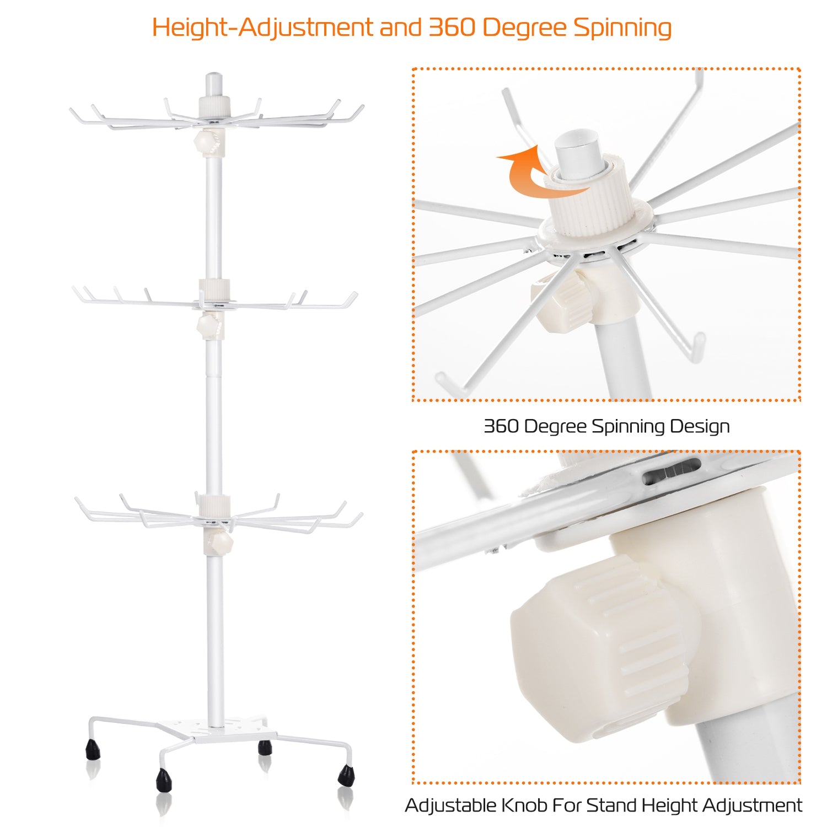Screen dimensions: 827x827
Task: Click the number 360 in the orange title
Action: tap(452, 28)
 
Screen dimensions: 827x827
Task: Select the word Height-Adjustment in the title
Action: tap(262, 28)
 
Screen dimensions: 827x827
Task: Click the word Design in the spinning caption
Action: tap(700, 426)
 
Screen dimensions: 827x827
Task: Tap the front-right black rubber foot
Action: tap(346, 775)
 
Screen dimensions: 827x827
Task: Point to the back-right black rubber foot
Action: tap(265, 748)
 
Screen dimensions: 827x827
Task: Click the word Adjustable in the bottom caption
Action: tap(450, 805)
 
